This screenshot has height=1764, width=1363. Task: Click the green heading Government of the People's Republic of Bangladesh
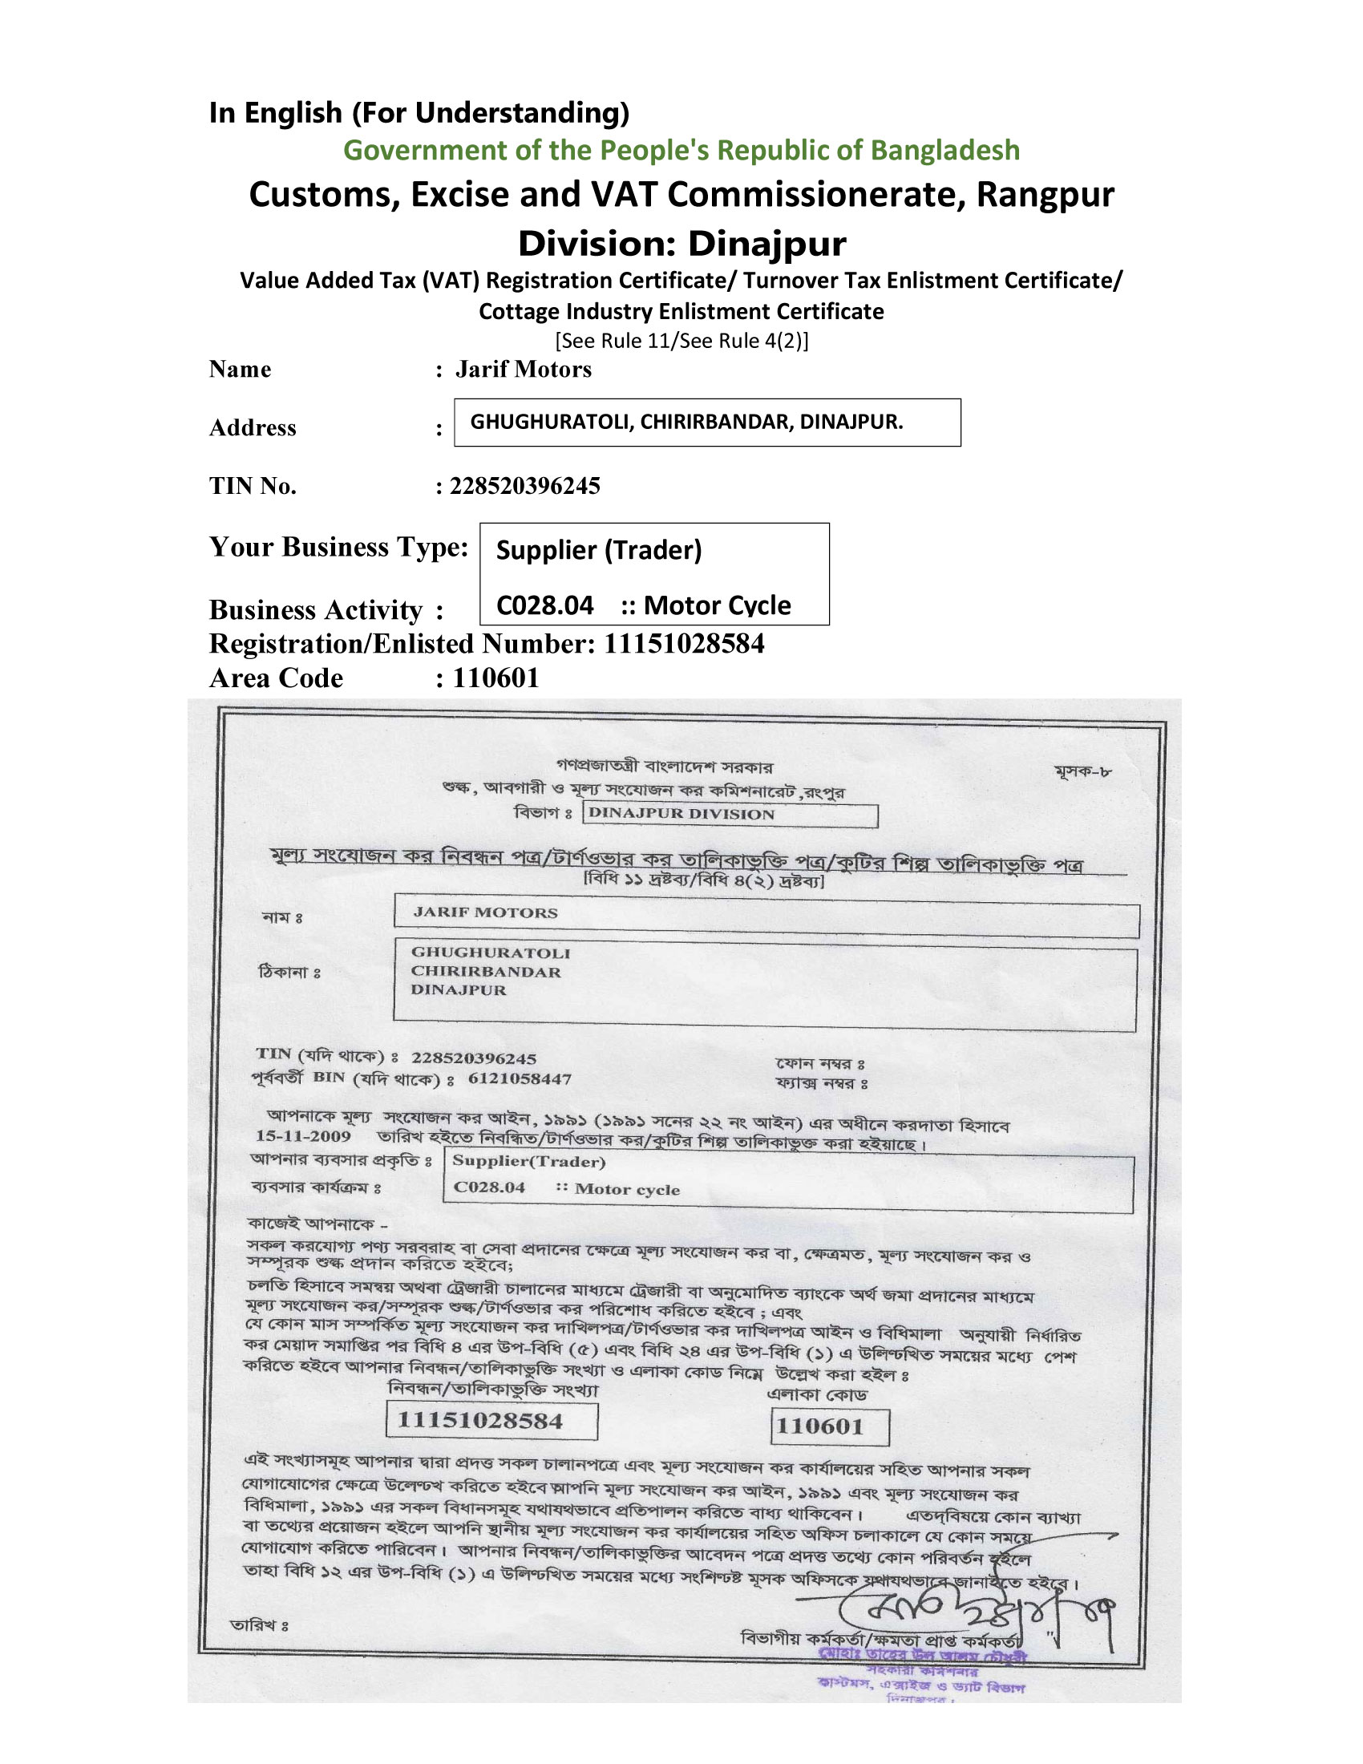[x=681, y=151]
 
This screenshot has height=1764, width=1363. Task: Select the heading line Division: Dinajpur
[x=681, y=243]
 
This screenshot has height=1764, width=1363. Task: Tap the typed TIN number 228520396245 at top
[x=525, y=485]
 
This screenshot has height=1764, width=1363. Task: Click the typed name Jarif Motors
[x=524, y=369]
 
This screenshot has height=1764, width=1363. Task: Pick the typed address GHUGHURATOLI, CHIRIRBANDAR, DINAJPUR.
[x=686, y=422]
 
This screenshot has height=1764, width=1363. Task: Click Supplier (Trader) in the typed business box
[x=598, y=550]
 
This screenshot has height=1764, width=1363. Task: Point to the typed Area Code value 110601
[x=495, y=678]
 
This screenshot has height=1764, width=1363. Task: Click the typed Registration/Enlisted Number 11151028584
[x=684, y=644]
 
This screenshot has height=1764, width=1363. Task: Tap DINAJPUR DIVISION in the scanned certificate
[x=681, y=813]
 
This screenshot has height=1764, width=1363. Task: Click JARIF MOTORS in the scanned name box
[x=485, y=912]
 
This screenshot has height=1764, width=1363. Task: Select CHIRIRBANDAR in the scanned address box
[x=485, y=972]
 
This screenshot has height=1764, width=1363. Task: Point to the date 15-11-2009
[x=303, y=1136]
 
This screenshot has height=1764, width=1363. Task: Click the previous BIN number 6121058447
[x=520, y=1079]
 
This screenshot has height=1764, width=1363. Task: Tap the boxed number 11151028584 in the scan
[x=479, y=1421]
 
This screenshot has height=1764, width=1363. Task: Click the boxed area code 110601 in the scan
[x=819, y=1426]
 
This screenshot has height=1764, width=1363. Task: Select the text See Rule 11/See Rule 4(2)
[x=681, y=341]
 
